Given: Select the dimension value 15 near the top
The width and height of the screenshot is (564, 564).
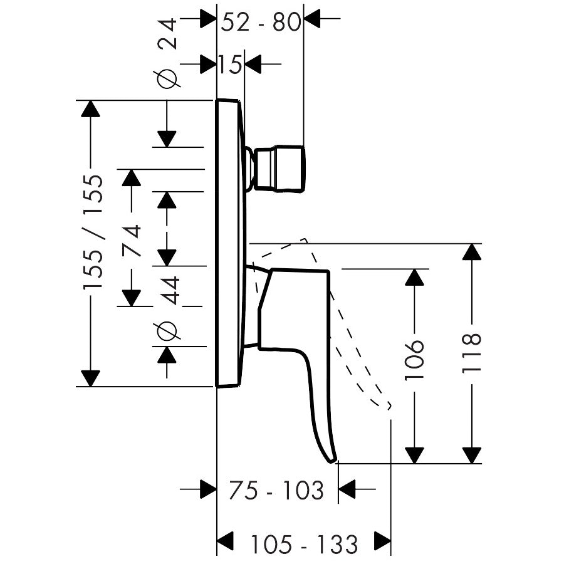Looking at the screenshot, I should [230, 64].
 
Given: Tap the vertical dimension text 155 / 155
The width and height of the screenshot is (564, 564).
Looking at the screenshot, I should [93, 232].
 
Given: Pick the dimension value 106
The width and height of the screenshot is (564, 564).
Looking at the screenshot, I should [414, 361].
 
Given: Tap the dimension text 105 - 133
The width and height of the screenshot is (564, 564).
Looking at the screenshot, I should [304, 543].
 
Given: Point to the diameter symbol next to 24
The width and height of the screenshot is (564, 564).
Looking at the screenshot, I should [167, 79].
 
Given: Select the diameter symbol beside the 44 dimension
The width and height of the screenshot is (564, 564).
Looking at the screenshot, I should [167, 330].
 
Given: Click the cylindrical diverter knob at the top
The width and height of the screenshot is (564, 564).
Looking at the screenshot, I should [281, 168].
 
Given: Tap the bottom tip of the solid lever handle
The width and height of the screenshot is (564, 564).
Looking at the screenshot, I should [332, 459].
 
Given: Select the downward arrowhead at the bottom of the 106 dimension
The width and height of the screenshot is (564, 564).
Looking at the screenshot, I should [414, 455].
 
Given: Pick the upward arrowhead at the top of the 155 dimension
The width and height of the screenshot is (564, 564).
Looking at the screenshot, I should [91, 108].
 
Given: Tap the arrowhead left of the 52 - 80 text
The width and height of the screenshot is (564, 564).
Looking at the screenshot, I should [207, 19].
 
